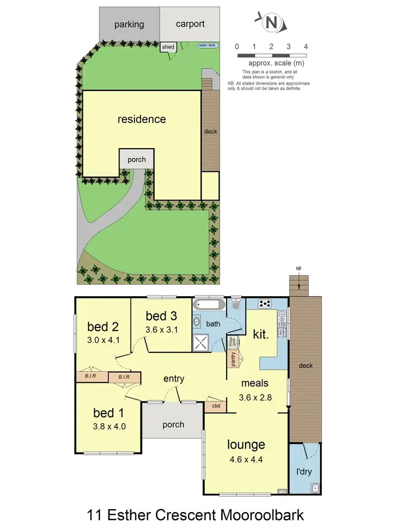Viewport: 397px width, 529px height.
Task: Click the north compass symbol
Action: click(272, 22)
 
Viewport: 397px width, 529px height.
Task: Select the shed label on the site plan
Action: click(168, 47)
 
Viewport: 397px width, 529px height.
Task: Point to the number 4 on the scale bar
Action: click(306, 47)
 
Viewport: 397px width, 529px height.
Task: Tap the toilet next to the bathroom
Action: click(236, 305)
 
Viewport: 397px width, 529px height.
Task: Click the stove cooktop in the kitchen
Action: click(265, 304)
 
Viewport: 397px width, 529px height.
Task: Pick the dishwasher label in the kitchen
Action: click(283, 332)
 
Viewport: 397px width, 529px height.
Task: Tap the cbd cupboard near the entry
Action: click(216, 406)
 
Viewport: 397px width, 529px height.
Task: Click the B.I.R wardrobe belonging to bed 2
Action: click(92, 377)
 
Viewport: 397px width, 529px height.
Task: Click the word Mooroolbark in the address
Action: click(259, 514)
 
